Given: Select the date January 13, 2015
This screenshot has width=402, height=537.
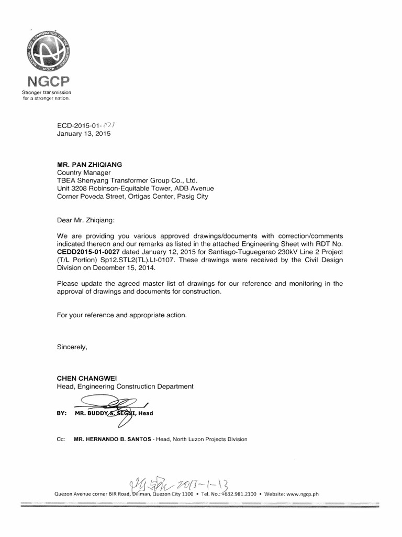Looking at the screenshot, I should [83, 134].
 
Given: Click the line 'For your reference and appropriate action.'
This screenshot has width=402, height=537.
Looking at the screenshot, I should [121, 315].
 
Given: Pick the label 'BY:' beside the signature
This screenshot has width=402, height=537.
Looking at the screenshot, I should [62, 413].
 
